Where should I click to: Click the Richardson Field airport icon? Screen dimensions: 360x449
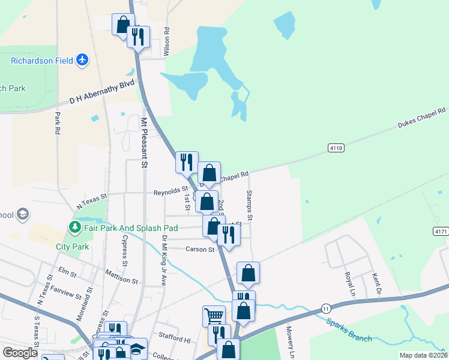point(82,60)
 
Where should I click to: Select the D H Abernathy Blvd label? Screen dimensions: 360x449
point(102,92)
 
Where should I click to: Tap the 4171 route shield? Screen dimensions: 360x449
point(441,230)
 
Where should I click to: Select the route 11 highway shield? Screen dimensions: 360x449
point(326,307)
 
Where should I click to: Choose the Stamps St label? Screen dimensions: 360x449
point(249,204)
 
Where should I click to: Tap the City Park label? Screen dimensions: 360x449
point(71,247)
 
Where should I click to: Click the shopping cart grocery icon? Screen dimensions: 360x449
point(214,316)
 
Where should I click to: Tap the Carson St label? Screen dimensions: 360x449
point(200,249)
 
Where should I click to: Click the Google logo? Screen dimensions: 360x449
point(20,353)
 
